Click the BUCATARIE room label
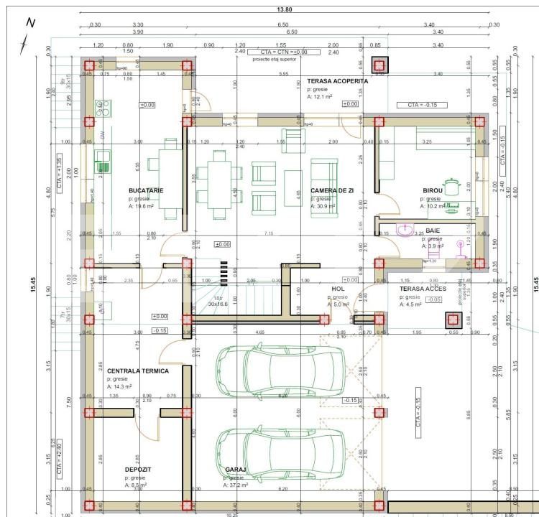[146, 190]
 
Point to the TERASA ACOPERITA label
[337, 81]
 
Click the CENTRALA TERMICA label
[138, 371]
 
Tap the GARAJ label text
[236, 469]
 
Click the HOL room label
[338, 288]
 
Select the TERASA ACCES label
[423, 288]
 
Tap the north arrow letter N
[30, 22]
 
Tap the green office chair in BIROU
[452, 187]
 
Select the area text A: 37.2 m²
[236, 485]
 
